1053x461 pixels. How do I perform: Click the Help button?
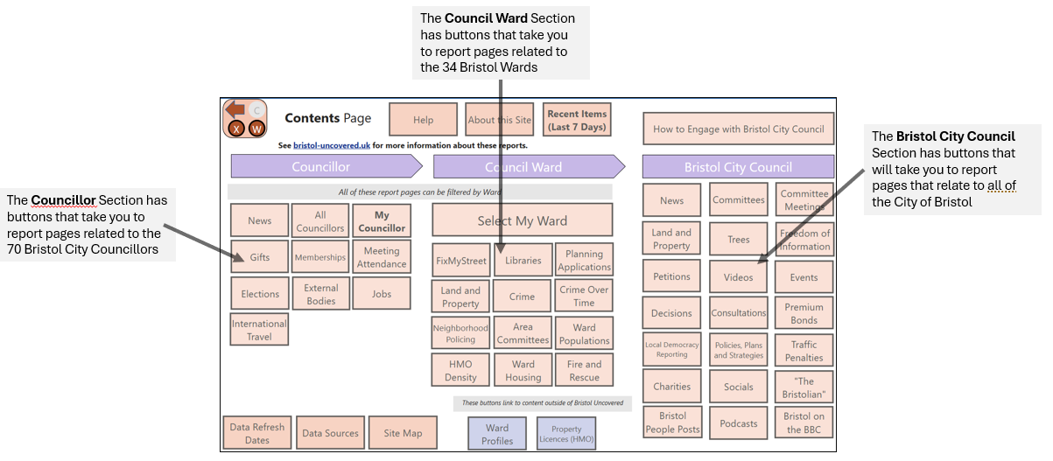(x=423, y=120)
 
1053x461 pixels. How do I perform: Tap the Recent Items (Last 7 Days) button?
(x=577, y=120)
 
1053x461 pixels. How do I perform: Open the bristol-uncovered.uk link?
(x=332, y=145)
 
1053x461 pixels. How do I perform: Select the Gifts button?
(x=259, y=257)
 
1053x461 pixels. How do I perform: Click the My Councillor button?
(x=382, y=221)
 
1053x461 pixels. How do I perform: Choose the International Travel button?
(x=259, y=330)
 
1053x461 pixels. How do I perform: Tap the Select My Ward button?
(x=523, y=220)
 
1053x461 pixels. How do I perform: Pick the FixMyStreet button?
(x=460, y=261)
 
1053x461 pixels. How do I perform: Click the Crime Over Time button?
(x=584, y=296)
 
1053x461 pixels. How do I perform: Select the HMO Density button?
(x=460, y=370)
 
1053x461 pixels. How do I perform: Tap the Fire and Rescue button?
(x=585, y=370)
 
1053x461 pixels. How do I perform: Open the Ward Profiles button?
(x=497, y=434)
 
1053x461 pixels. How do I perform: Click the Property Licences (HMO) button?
(x=566, y=434)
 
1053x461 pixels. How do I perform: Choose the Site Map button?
(x=403, y=433)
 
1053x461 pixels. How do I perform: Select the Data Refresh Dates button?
(x=257, y=433)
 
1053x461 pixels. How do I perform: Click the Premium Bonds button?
(x=804, y=313)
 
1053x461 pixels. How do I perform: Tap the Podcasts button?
(x=739, y=423)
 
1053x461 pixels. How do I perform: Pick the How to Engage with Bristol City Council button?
(x=739, y=129)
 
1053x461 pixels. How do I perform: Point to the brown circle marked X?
(x=236, y=129)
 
